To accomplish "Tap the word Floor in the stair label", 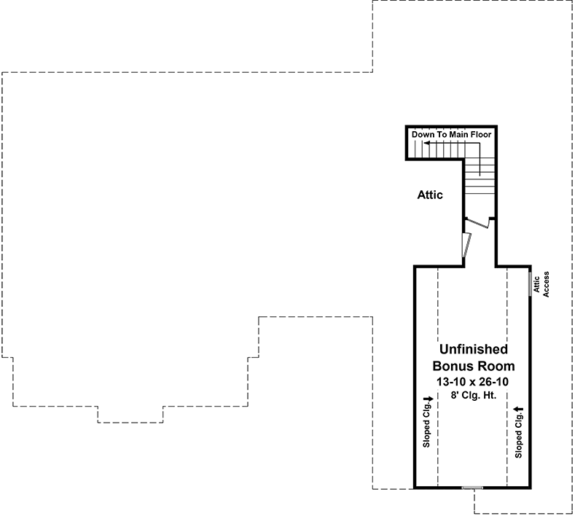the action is [481, 135].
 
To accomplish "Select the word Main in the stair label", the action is [459, 135].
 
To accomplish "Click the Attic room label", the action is [430, 195].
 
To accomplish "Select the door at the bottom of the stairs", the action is [477, 223].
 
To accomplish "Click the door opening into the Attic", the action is [466, 245].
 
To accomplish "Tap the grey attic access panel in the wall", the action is [531, 284].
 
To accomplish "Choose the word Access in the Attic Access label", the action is [546, 284].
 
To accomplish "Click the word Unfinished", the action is [473, 349].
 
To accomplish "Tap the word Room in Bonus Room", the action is [496, 366].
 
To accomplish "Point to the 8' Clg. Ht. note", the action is [474, 395].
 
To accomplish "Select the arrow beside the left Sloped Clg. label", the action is [429, 399].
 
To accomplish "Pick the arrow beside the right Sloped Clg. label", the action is [518, 410].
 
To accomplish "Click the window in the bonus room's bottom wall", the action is [472, 488].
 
